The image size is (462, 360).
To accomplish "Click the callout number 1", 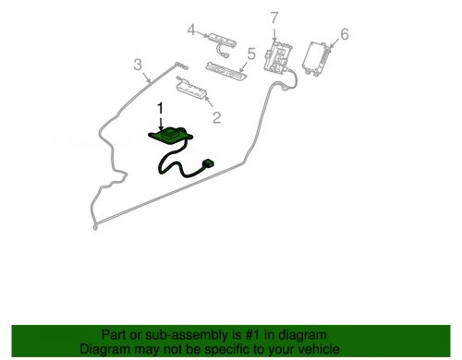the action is pos(160,110).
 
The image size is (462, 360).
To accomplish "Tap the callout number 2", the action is pos(217,117).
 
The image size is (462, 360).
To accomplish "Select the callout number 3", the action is pos(138,65).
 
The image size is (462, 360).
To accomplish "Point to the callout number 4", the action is pos(191,30).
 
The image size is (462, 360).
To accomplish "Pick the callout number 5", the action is pos(251,54).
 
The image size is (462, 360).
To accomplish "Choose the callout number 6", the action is pos(345,34).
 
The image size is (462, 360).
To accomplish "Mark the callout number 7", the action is pos(274,18).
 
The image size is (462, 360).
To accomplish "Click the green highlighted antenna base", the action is pos(171,135).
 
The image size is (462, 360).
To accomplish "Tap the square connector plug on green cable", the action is pos(208,163).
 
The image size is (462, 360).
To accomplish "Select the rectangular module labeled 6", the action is pos(317,58).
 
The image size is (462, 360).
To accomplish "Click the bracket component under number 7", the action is pos(277,57).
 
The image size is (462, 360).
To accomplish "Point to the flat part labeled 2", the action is pos(191,89).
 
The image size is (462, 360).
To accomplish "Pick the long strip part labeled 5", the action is pos(226,70).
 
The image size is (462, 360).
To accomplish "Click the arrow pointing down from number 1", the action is pos(160,124).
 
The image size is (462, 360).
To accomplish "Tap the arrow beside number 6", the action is pos(334,43).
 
